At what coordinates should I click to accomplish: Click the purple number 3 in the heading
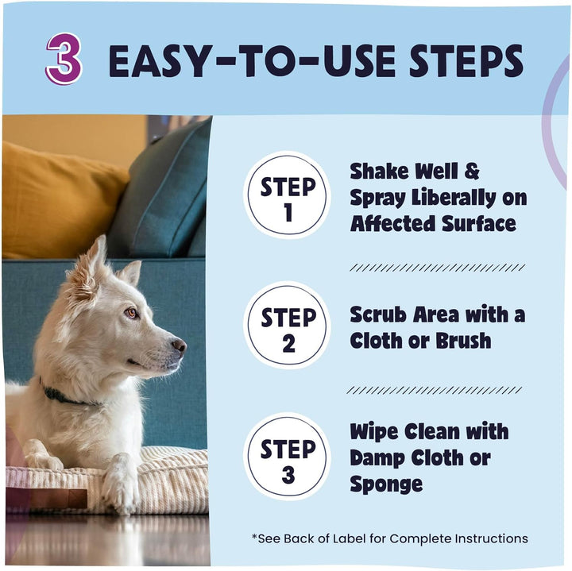(64, 60)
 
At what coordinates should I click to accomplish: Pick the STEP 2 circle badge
(287, 326)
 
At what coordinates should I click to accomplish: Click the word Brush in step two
(462, 341)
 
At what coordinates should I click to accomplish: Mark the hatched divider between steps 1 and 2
(436, 268)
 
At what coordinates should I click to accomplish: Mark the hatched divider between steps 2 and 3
(436, 390)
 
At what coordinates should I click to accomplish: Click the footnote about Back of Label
(389, 538)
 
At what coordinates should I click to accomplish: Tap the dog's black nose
(180, 345)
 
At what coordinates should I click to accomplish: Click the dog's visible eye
(131, 313)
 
